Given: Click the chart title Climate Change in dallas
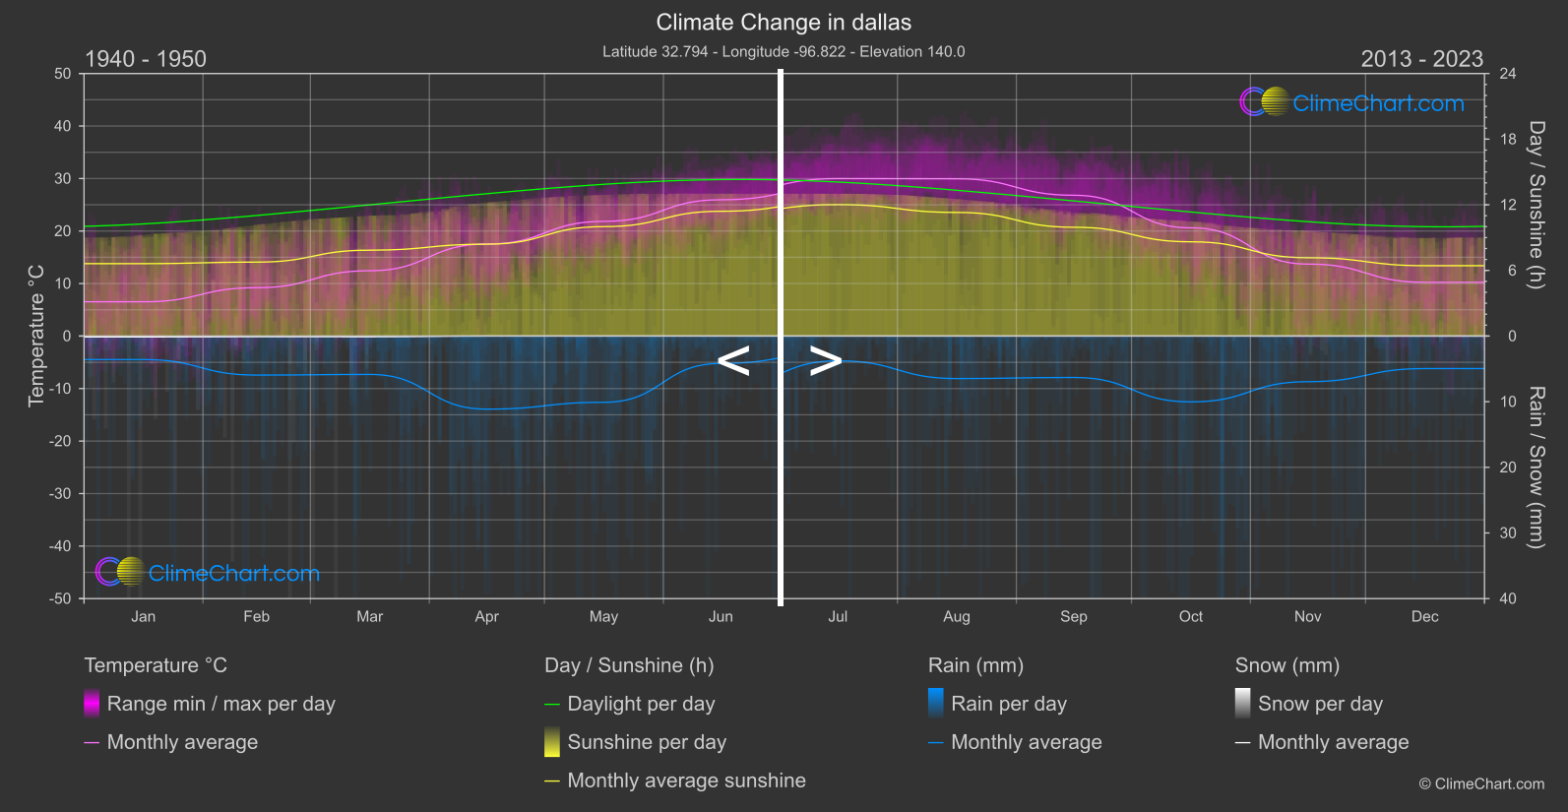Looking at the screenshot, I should (784, 23).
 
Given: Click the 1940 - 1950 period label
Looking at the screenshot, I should (146, 59).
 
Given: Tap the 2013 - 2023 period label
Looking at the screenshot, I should (1421, 59).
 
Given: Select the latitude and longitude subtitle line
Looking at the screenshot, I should (784, 52).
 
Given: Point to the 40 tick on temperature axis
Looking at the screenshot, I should (63, 126).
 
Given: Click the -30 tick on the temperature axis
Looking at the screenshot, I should (60, 494).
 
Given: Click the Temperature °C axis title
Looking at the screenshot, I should (36, 336).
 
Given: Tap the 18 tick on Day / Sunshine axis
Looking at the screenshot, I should (1508, 140).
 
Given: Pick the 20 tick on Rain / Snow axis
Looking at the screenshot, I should (1508, 468).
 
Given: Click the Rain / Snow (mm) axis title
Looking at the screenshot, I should (1536, 468).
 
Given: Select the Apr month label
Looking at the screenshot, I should (486, 617).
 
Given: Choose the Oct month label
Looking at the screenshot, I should (1191, 617).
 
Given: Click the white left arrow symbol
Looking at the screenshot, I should (733, 361).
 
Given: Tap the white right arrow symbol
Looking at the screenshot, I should (826, 361).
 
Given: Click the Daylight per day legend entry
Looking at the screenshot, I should (641, 704).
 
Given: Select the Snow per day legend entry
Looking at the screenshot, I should (1320, 704).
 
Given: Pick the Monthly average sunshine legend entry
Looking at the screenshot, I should (686, 781).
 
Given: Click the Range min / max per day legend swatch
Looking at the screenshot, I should (92, 704).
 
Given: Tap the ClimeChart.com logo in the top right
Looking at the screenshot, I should (1352, 102).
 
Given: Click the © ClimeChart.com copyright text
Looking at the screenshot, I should (1481, 784).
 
